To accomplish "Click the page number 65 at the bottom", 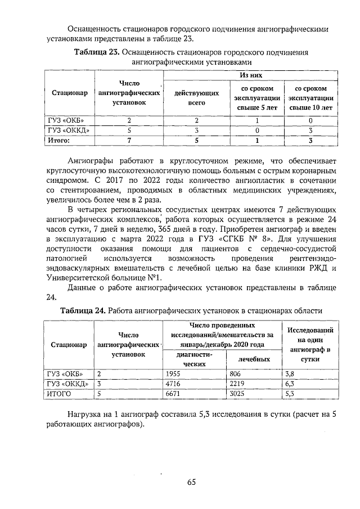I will [191, 481].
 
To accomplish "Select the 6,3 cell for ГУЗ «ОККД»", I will [291, 384].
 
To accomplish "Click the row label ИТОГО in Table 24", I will [60, 394].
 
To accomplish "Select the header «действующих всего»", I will [197, 98].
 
